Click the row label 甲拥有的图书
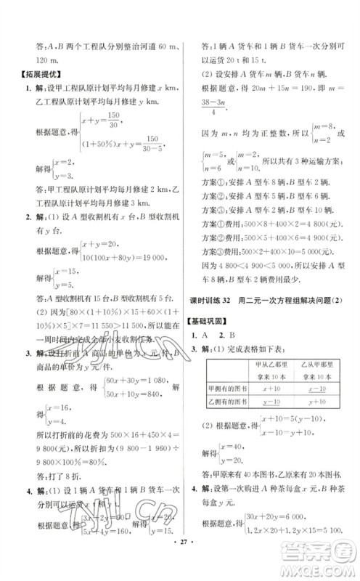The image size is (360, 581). [224, 389]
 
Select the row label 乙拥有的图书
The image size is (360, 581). [224, 402]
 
